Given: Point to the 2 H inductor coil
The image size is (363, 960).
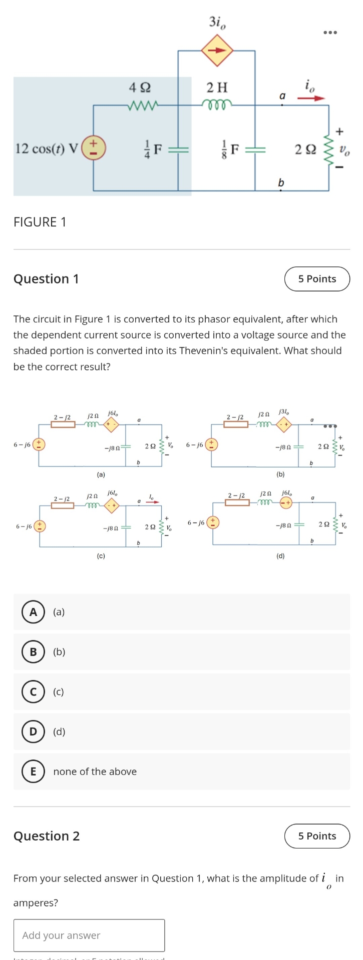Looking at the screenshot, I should click(x=217, y=104).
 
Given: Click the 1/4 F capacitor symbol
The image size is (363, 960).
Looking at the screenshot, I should click(x=178, y=149).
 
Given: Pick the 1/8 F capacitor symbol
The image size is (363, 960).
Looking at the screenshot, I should click(x=255, y=149).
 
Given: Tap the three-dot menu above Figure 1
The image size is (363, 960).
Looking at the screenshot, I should click(x=330, y=32).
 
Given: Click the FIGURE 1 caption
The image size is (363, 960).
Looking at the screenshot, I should click(x=40, y=222).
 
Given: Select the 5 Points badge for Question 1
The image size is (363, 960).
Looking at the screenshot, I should click(x=317, y=279).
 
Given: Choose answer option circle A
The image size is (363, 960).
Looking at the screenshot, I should click(x=33, y=612).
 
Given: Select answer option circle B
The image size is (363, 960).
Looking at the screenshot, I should click(x=33, y=652).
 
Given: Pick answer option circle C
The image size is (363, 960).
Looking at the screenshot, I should click(x=33, y=692).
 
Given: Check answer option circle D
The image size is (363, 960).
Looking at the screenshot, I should click(x=33, y=731).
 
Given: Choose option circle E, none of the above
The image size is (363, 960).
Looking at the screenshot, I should click(x=33, y=771).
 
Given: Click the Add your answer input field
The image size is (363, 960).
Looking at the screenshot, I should click(x=89, y=935).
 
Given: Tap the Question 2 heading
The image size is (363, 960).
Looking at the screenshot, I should click(x=47, y=836).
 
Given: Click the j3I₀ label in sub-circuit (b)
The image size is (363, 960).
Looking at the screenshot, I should click(x=283, y=412).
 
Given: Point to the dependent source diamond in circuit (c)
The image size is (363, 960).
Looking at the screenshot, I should click(x=112, y=505).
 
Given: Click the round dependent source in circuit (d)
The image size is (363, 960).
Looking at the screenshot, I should click(x=286, y=503).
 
